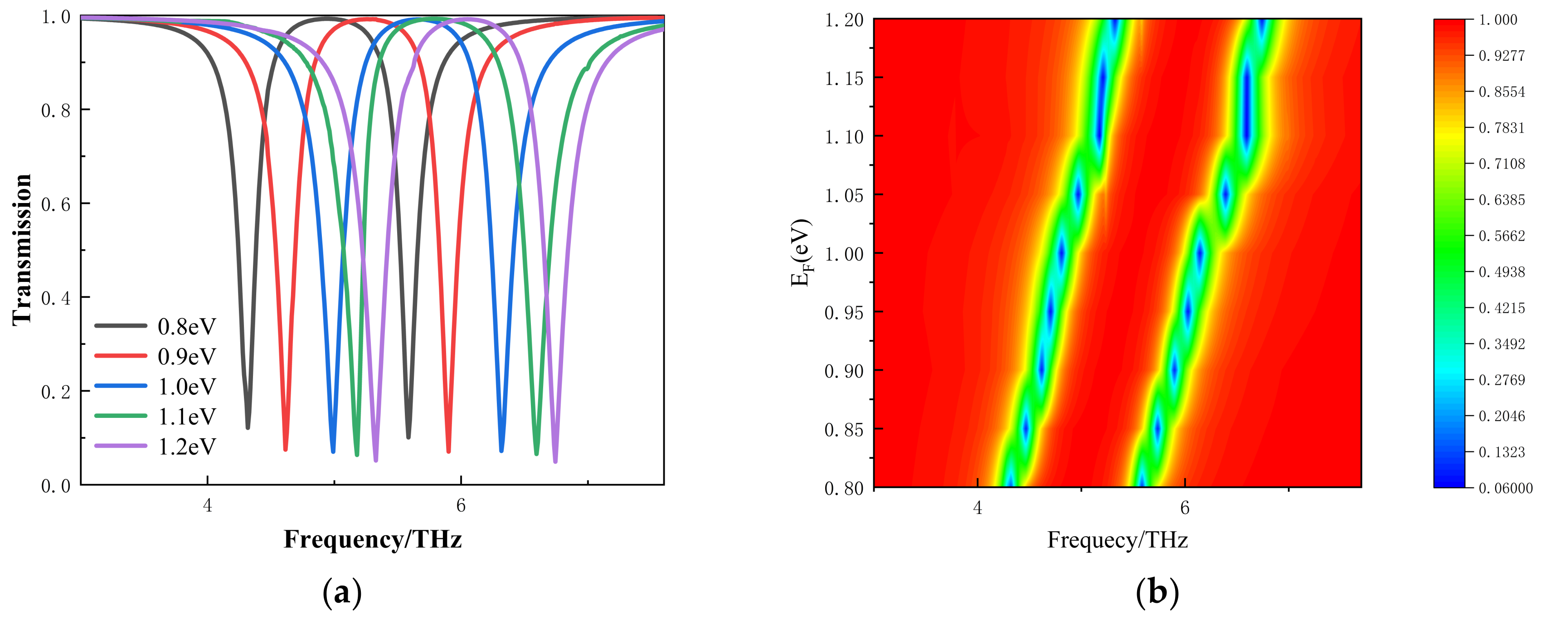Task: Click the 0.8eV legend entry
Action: [186, 326]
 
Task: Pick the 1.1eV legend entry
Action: [186, 417]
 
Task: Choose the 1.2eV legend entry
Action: [186, 446]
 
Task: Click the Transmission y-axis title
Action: [22, 250]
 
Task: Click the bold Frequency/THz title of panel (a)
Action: [372, 539]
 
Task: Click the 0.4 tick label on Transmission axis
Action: [55, 298]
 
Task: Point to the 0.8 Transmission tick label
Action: [55, 110]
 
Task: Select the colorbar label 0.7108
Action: [1502, 164]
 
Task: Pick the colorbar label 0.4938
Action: [1502, 272]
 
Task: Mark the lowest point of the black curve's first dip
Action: [248, 427]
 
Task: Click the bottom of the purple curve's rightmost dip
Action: [555, 461]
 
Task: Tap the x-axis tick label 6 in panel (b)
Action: [1185, 508]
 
